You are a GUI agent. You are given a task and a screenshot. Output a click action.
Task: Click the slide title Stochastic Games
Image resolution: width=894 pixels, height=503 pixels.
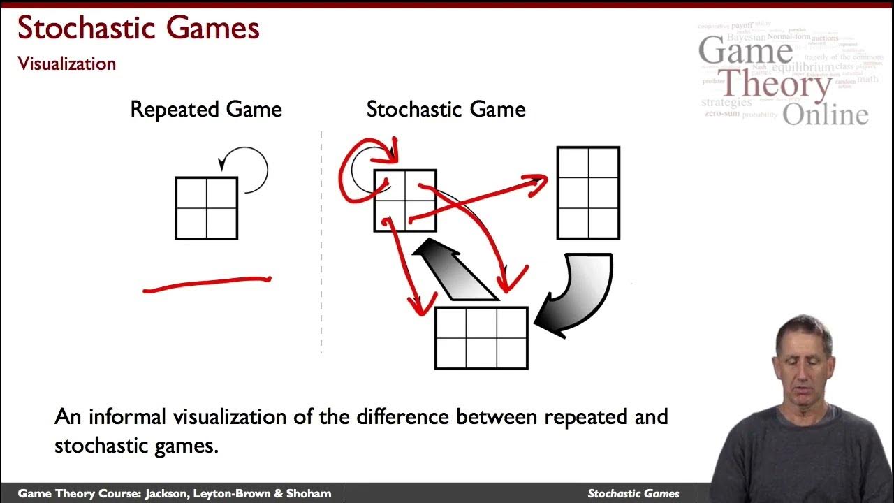pos(138,29)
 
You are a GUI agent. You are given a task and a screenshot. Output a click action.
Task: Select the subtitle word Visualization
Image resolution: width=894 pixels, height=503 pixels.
pos(67,64)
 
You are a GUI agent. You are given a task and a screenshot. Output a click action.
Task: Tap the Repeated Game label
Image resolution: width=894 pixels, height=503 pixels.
pos(206,110)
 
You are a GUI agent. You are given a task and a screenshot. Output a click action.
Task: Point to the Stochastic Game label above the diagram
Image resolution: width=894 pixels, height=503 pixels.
pos(446,110)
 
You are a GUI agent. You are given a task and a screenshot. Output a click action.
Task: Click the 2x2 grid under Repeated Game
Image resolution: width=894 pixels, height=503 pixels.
pos(206,208)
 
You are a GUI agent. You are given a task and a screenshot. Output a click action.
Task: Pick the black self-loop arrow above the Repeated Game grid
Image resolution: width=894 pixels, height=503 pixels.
pos(250,168)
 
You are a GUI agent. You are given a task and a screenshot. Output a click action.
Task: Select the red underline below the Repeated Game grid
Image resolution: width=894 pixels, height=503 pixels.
pos(207,284)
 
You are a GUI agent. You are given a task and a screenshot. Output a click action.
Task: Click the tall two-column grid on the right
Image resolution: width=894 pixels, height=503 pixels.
pos(588,194)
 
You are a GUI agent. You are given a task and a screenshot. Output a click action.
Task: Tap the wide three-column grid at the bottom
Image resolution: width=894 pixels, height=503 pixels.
pos(481,338)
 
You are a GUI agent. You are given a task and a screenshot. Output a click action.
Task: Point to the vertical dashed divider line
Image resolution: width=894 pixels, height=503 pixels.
pos(321,241)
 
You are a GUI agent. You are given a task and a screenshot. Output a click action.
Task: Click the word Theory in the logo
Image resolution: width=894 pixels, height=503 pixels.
pos(775,85)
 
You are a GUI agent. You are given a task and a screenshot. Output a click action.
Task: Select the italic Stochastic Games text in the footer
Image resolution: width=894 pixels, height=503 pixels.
pos(633,493)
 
